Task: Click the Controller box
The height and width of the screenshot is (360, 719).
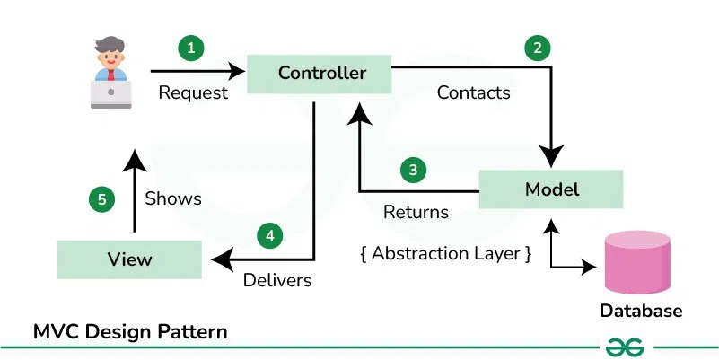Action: (321, 73)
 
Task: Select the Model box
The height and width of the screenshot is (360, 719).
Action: (550, 189)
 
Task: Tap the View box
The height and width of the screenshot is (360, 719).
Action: (129, 259)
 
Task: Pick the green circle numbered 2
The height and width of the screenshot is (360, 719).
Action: (537, 48)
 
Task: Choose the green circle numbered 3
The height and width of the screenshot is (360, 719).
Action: (412, 169)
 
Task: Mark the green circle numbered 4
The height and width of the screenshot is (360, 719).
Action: (269, 236)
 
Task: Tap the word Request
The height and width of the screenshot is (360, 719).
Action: (193, 92)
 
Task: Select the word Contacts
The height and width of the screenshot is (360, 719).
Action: (473, 92)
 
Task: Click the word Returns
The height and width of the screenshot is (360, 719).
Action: (416, 213)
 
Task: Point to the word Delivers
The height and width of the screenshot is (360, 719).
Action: (277, 280)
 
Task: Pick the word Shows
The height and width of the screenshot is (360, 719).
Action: (173, 198)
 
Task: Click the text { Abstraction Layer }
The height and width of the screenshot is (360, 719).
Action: (446, 253)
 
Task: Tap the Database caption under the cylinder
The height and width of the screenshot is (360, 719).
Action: (641, 312)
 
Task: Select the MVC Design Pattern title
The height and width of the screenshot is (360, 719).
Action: (130, 331)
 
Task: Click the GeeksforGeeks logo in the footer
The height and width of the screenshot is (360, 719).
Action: (626, 347)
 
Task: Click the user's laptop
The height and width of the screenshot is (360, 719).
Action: (111, 92)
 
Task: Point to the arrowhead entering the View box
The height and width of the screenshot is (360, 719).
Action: (218, 259)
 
